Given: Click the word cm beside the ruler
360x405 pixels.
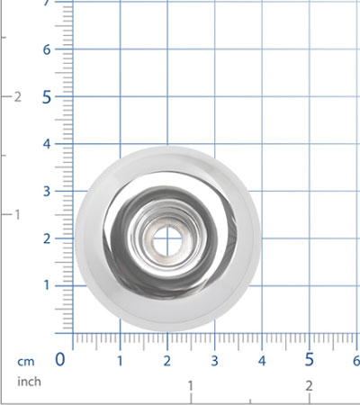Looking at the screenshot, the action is click(x=26, y=362).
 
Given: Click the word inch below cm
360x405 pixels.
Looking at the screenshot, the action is click(x=29, y=382).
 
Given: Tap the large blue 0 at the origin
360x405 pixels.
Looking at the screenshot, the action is click(x=60, y=359).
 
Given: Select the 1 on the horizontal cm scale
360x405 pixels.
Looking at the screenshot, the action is click(x=120, y=361).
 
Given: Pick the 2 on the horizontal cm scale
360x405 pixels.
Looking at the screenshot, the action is click(x=167, y=361).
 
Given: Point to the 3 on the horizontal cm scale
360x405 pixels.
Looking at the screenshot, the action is click(x=214, y=361).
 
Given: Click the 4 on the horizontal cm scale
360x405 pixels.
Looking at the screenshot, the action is click(x=262, y=361).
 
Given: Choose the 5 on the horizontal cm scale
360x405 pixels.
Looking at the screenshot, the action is click(x=310, y=359).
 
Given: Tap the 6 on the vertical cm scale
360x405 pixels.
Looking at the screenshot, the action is click(x=47, y=49).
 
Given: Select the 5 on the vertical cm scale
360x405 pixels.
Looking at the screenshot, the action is click(x=47, y=97).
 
